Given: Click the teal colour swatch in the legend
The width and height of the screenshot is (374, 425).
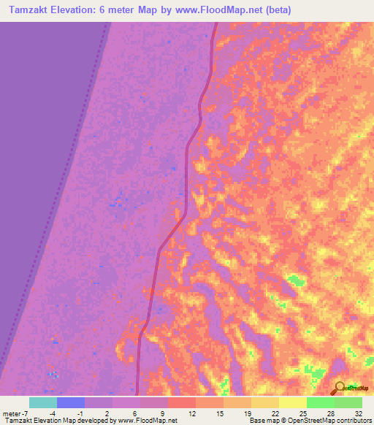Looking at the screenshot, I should click(x=42, y=402).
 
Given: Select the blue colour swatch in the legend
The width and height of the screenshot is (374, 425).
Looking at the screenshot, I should click(x=70, y=402).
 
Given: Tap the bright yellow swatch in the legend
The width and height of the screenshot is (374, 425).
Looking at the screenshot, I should click(x=292, y=402).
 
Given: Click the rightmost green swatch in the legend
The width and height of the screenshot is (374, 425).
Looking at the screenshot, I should click(x=348, y=402).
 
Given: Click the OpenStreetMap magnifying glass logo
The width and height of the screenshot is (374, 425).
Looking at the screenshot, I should click(x=339, y=387).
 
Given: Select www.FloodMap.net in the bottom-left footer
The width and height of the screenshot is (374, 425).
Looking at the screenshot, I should click(x=146, y=421).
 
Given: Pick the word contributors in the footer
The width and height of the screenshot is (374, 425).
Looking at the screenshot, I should click(x=354, y=421).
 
